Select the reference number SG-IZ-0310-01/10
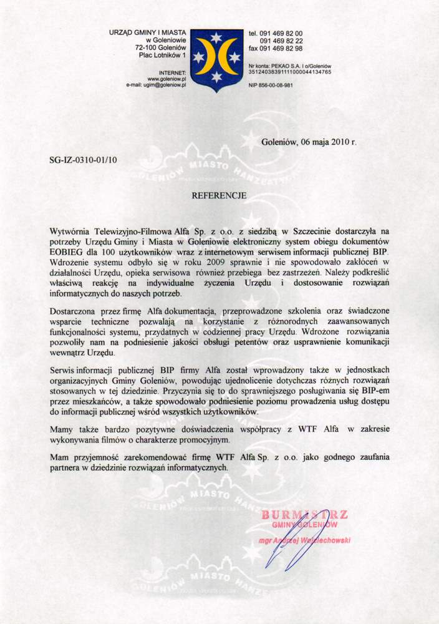pyautogui.click(x=82, y=160)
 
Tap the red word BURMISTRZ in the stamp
pyautogui.click(x=305, y=515)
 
